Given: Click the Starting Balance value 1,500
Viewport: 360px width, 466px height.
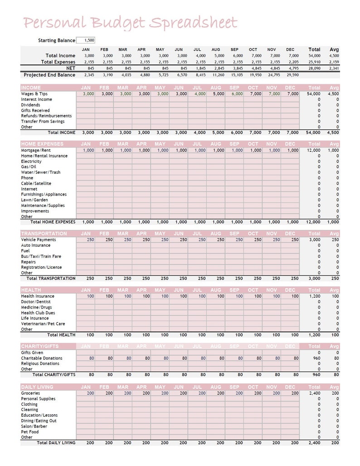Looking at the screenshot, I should click(86, 40).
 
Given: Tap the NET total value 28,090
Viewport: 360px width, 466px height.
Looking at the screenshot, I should click(314, 68).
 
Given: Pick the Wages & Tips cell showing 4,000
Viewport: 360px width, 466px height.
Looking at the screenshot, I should click(199, 94).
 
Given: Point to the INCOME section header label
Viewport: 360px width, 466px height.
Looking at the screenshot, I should click(31, 88).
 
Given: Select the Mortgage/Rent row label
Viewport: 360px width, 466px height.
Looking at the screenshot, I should click(36, 150).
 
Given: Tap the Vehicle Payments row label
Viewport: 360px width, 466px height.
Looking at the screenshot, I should click(39, 240).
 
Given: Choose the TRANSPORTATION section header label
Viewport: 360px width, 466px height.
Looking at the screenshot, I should click(44, 234).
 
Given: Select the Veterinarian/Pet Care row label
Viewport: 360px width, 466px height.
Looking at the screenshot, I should click(43, 324).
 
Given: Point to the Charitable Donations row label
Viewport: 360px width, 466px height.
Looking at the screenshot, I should click(42, 358).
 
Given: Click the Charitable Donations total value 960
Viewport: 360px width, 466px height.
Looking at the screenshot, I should click(316, 358).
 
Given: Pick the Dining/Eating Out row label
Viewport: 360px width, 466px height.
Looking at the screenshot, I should click(39, 421).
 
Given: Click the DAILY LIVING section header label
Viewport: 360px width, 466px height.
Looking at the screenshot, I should click(37, 387).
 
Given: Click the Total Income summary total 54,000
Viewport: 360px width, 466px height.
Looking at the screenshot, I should click(314, 56).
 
